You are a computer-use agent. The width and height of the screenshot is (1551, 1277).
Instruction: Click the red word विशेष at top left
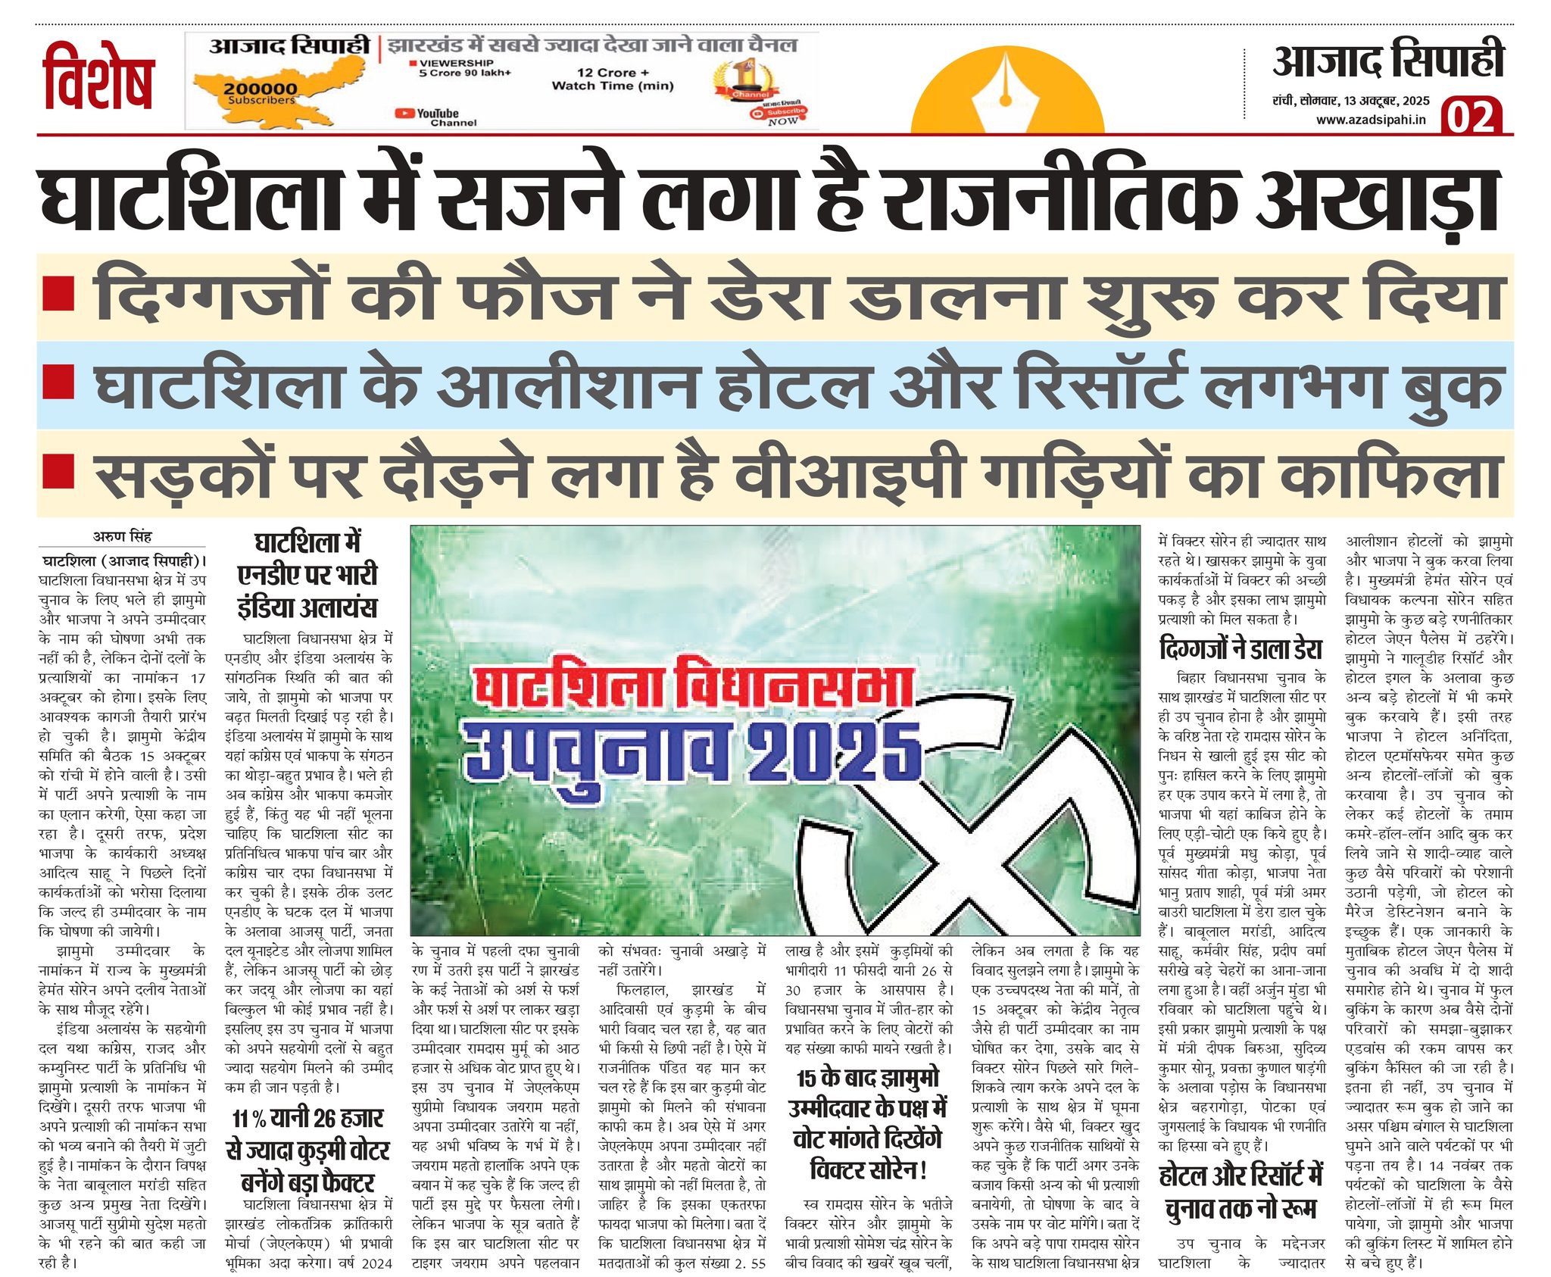pyautogui.click(x=98, y=80)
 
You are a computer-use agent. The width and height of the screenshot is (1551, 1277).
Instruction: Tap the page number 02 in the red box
pyautogui.click(x=1471, y=117)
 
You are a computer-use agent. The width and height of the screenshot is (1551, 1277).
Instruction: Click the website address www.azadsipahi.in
pyautogui.click(x=1371, y=120)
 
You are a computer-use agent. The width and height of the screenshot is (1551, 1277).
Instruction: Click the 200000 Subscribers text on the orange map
pyautogui.click(x=261, y=92)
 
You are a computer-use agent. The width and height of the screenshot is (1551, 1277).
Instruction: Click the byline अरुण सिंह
pyautogui.click(x=122, y=536)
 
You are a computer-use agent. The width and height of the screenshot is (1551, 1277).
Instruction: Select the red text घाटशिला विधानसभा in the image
pyautogui.click(x=693, y=690)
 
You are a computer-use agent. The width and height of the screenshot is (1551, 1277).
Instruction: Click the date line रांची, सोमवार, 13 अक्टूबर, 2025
pyautogui.click(x=1351, y=101)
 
